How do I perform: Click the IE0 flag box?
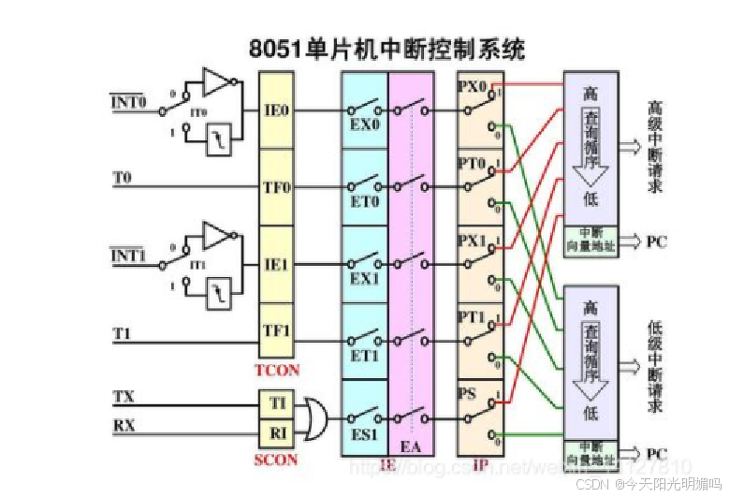tap(276, 110)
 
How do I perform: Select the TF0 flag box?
tap(276, 187)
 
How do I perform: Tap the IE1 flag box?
tap(276, 264)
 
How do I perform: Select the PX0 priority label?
tap(473, 87)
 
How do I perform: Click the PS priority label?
tap(468, 392)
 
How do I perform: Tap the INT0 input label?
tap(128, 100)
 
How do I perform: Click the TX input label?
tap(124, 397)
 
